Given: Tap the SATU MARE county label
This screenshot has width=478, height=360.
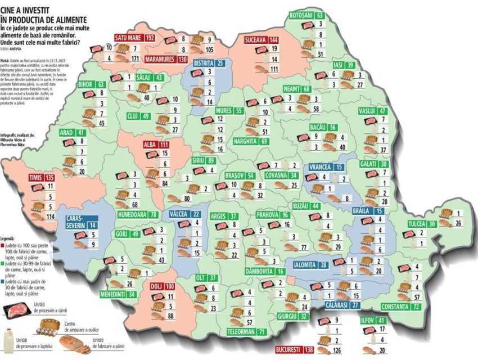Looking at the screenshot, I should click(128, 38).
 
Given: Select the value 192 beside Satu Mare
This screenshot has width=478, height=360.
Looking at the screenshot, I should click(150, 38).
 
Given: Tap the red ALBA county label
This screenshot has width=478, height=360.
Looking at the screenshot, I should click(150, 145).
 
